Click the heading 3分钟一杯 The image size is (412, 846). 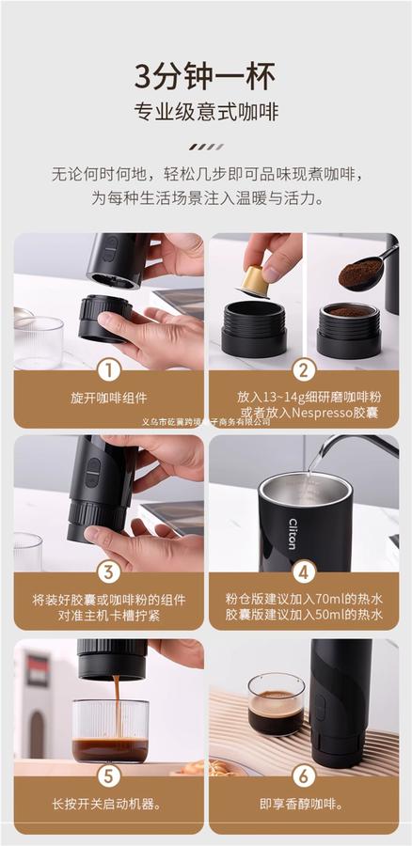205,77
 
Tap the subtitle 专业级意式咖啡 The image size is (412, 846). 206,112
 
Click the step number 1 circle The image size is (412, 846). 109,370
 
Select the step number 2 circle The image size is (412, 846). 304,370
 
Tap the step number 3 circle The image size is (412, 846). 109,572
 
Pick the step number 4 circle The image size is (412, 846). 304,572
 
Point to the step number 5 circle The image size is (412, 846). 109,776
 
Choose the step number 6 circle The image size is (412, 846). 304,776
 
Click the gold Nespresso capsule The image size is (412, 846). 256,281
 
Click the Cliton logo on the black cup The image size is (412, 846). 293,534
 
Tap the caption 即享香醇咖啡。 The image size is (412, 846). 304,805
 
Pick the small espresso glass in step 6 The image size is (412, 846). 277,704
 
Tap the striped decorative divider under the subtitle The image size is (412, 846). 206,147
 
